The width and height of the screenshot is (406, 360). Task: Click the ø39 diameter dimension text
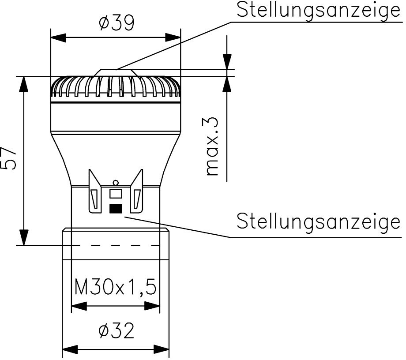point(116,22)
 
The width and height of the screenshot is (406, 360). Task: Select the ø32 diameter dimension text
point(116,331)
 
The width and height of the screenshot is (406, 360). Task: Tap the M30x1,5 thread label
point(115,288)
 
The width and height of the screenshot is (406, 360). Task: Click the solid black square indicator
point(116,208)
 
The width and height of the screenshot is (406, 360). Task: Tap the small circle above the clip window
point(116,182)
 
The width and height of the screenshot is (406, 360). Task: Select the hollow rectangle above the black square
point(116,193)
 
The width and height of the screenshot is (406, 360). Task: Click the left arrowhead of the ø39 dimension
point(57,37)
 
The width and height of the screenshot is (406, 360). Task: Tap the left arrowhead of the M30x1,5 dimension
point(78,305)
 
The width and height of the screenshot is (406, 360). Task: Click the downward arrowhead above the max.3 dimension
point(227,62)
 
